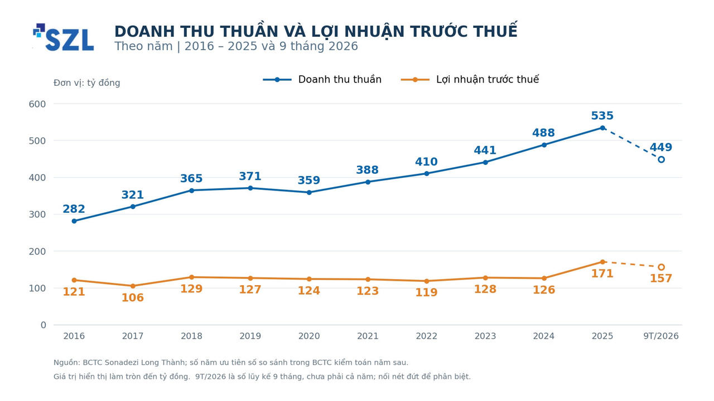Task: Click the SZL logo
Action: pos(64,37)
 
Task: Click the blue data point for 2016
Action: pos(74,221)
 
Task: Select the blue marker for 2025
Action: pos(602,128)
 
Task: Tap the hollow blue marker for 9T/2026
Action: pos(661,159)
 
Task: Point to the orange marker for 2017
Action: pos(133,286)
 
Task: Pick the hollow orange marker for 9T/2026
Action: pos(661,267)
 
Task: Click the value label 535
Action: pos(602,115)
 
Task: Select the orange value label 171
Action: pos(602,273)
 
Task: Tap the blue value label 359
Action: pos(309,180)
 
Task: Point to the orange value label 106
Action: pos(133,297)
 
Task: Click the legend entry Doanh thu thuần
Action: pos(322,80)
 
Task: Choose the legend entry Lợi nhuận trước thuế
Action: pos(470,80)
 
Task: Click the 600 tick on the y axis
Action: pos(37,104)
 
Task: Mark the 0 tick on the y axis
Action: pos(44,325)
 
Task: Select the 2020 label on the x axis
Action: pos(309,336)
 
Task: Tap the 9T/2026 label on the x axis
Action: pos(661,336)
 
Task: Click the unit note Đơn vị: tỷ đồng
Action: pos(86,83)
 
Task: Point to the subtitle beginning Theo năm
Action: pos(236,46)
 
